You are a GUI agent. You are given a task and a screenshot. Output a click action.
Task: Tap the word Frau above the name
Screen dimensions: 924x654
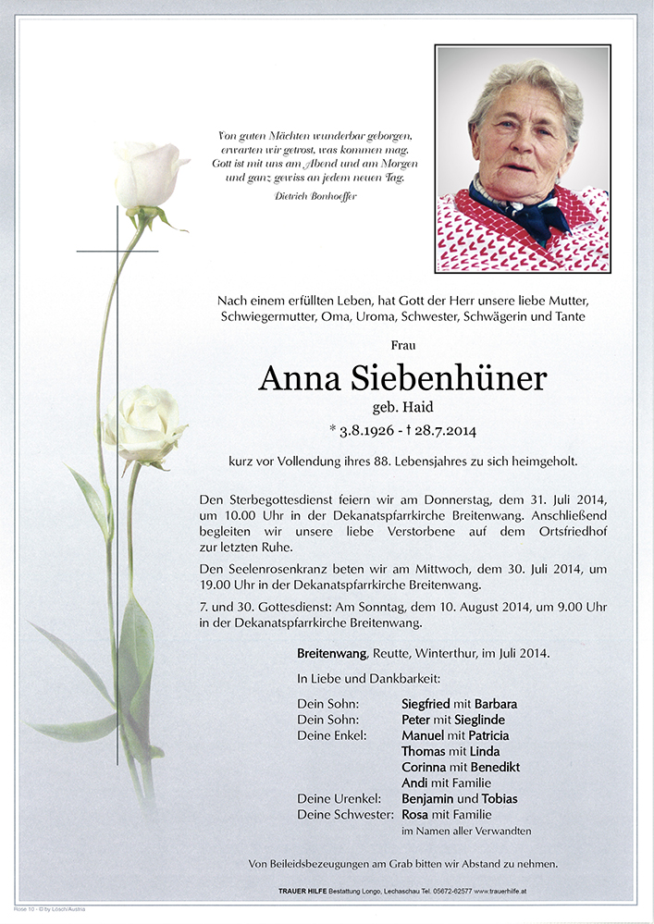pyautogui.click(x=403, y=345)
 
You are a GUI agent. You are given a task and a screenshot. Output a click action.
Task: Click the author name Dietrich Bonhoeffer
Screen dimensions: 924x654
pyautogui.click(x=315, y=196)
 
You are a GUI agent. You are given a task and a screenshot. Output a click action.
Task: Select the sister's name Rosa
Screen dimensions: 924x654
pyautogui.click(x=416, y=815)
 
